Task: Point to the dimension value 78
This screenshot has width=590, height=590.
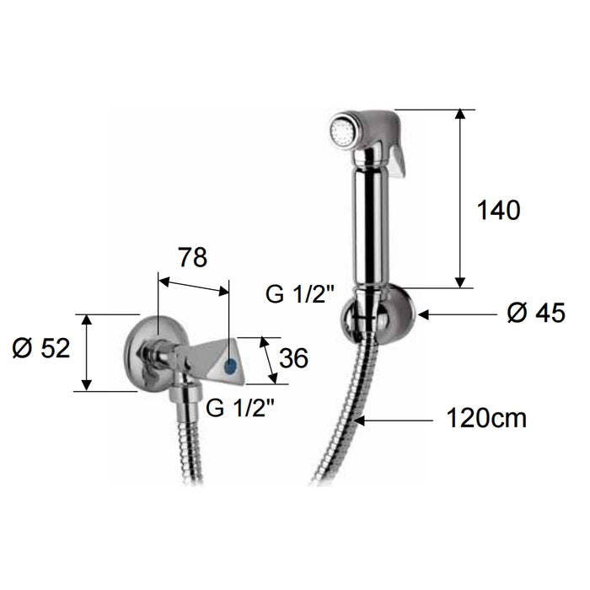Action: (x=192, y=258)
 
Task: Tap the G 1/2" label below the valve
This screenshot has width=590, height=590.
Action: (x=240, y=410)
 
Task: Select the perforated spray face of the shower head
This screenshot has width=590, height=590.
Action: (x=340, y=131)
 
